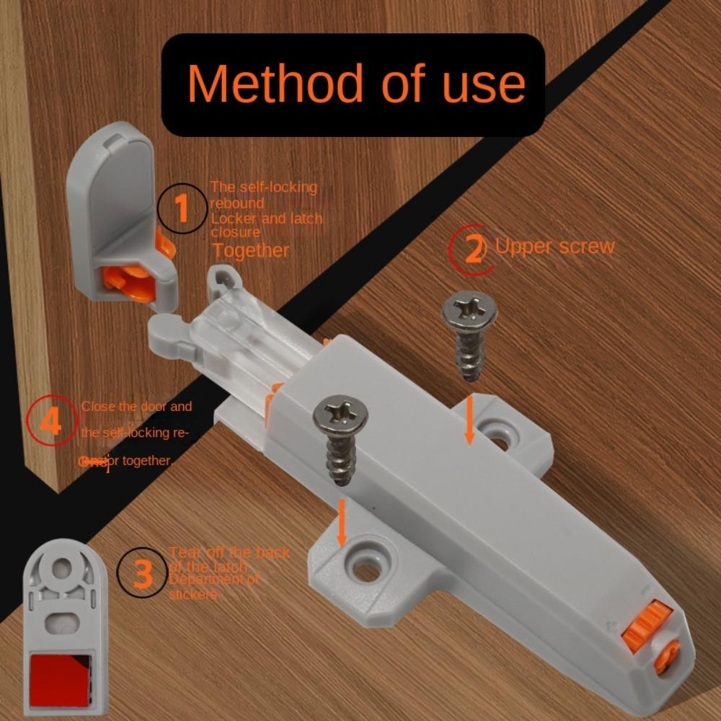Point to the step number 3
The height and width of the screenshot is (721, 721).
click(x=143, y=574)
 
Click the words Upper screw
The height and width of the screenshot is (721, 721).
click(x=554, y=247)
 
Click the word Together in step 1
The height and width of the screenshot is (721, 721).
click(x=250, y=250)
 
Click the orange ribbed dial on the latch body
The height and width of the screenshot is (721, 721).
click(x=646, y=624)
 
